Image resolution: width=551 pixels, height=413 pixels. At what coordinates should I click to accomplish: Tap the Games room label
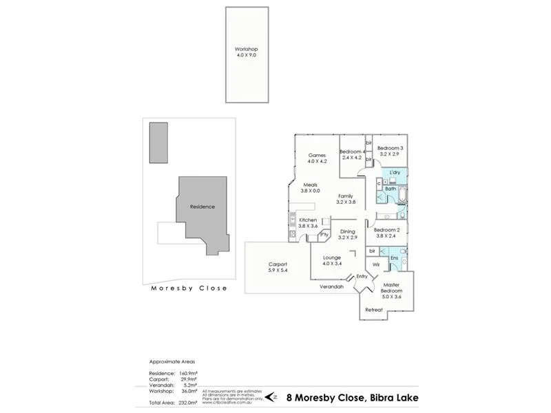coord(317,156)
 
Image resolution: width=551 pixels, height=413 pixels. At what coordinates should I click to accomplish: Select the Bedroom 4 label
coord(351,151)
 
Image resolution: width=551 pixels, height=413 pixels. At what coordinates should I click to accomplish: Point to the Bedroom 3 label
coord(391,148)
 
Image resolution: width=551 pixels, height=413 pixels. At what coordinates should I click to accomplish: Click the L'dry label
coord(395,172)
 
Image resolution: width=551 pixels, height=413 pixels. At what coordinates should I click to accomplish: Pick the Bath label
coord(390,188)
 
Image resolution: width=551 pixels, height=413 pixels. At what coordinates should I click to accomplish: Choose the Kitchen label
coord(308,220)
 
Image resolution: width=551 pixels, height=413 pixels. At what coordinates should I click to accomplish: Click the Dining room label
coord(348,232)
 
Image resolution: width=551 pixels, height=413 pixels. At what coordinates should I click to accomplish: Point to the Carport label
coord(278,264)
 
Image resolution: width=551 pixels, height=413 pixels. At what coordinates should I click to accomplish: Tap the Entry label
coord(362,276)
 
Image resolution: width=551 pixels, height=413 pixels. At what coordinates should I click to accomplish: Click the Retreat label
coord(374,310)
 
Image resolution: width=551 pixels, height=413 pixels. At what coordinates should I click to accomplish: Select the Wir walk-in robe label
coord(377,264)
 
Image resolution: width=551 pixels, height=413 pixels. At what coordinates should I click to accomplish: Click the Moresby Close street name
coord(189,288)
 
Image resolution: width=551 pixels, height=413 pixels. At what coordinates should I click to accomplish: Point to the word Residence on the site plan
coord(202,206)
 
